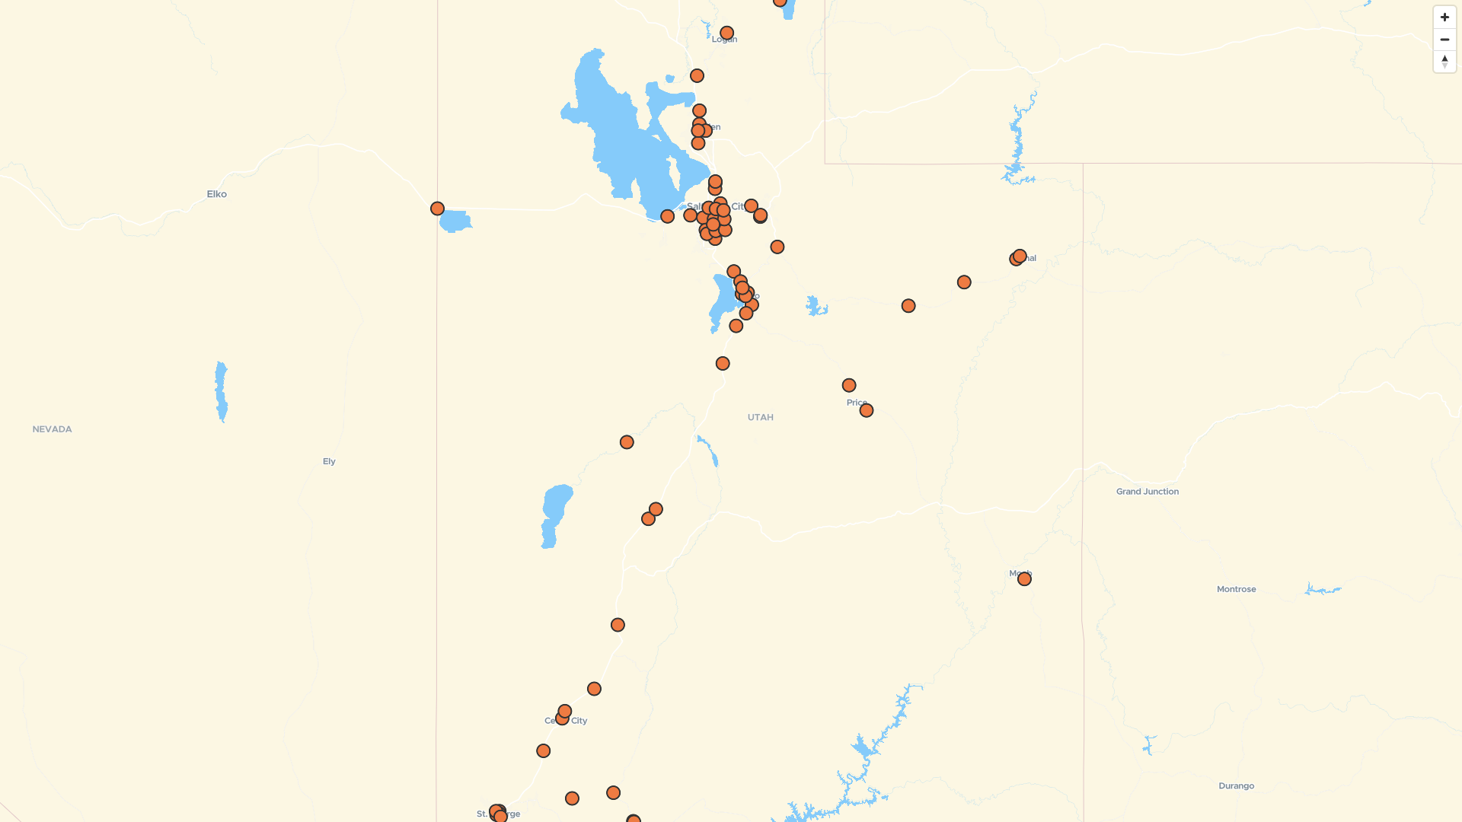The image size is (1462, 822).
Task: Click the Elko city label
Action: pos(217,194)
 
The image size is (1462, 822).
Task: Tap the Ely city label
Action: pos(329,461)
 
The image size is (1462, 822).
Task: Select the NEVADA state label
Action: pos(53,429)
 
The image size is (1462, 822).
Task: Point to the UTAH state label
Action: pos(760,417)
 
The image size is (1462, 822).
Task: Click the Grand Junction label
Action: pos(1147,492)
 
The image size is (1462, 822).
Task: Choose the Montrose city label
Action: pos(1236,589)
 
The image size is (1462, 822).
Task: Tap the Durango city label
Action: pos(1236,785)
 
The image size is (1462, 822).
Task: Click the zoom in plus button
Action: pos(1444,18)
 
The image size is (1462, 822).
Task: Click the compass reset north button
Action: pos(1444,61)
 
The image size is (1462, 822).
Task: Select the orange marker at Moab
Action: pos(1024,579)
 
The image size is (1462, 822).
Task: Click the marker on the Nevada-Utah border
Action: pos(437,209)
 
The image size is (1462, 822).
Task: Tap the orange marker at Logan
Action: pos(726,33)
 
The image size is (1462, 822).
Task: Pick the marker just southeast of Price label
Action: pos(866,410)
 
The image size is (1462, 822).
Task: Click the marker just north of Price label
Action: pos(849,386)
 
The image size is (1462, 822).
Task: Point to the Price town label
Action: pos(856,403)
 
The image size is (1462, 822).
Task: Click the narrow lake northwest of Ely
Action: pos(221,391)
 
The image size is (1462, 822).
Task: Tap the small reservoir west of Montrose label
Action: pos(1323,589)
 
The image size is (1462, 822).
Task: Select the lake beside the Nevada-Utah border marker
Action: pos(455,221)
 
